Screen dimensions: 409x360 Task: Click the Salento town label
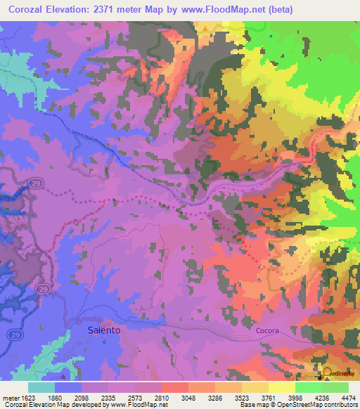point(103,329)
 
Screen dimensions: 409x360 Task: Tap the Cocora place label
point(269,330)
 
